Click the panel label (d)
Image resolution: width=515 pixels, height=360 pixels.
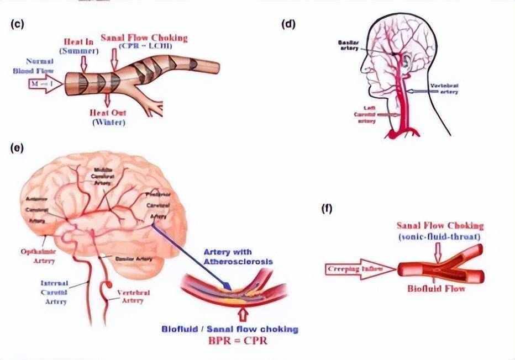289,24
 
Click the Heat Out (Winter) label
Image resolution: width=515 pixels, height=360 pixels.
108,117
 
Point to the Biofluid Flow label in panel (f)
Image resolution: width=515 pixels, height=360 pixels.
437,288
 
